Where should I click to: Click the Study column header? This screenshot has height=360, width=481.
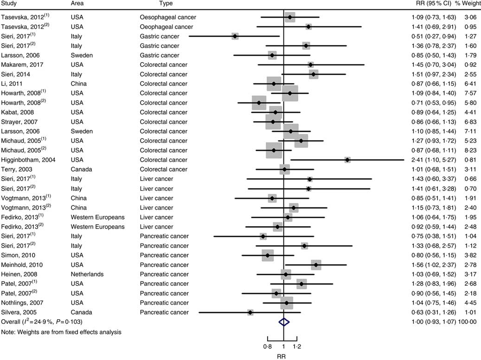(x=9, y=4)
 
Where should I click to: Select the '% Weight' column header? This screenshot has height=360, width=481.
(x=467, y=4)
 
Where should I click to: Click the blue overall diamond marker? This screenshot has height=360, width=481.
(x=283, y=322)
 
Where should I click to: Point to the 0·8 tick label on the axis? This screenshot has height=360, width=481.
(x=267, y=346)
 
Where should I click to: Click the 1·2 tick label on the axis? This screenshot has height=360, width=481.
(x=296, y=346)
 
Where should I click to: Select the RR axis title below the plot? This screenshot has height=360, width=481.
(x=282, y=356)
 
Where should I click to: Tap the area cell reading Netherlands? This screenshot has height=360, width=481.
(x=87, y=274)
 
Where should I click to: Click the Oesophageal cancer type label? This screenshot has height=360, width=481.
(x=168, y=17)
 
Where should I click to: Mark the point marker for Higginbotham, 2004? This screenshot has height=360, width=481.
(x=347, y=160)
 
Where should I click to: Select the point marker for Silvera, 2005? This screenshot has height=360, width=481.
(x=250, y=312)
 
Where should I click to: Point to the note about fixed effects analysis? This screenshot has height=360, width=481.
(x=61, y=332)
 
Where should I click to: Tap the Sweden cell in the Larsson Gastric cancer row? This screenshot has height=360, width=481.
(x=82, y=55)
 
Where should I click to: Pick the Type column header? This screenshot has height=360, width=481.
(x=166, y=4)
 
